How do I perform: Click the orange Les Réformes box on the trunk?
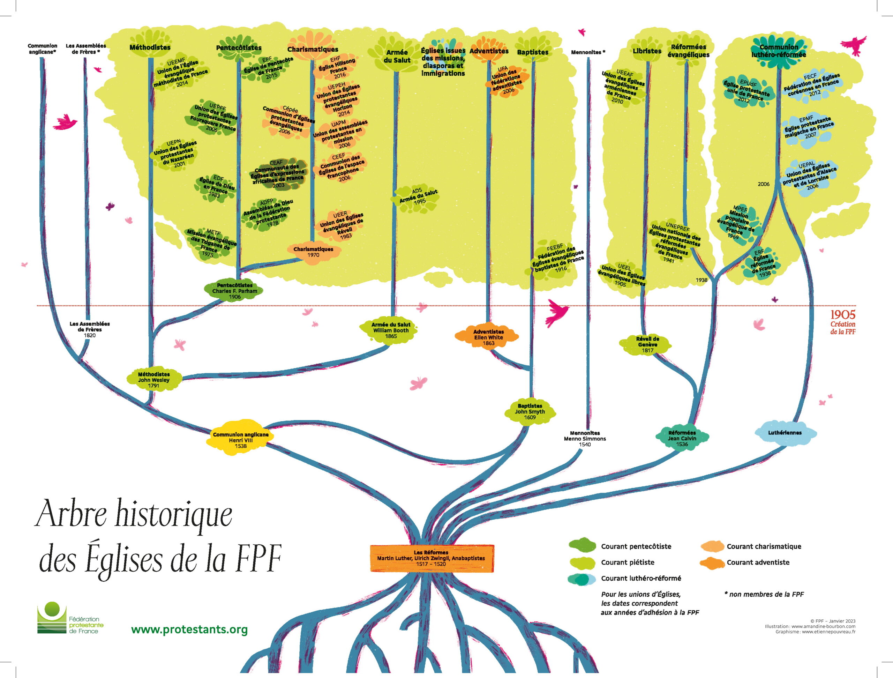tap(432, 558)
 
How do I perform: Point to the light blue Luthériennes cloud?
tap(785, 432)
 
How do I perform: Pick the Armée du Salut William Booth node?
tap(391, 330)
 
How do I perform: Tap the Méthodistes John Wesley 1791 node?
tap(153, 380)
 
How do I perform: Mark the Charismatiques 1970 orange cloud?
tap(313, 253)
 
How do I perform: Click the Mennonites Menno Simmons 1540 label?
tap(585, 439)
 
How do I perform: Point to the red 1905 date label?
tap(843, 314)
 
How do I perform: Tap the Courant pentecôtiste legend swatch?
tap(582, 546)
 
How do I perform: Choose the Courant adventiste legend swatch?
tap(713, 562)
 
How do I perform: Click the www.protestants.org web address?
tap(189, 629)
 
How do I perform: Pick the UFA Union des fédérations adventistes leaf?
tap(506, 81)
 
